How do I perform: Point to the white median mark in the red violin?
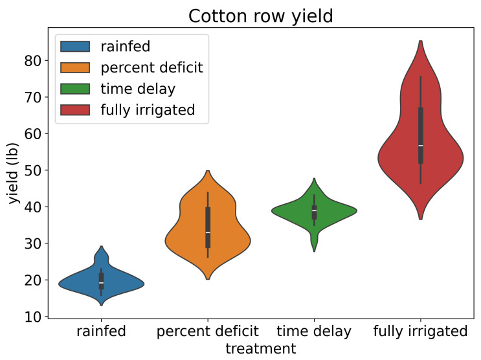point(421,146)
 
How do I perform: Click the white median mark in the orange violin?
point(208,232)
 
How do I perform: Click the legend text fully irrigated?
point(148,109)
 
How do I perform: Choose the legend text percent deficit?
point(151,67)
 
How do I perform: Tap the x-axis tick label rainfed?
point(101,332)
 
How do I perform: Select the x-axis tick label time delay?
point(314,332)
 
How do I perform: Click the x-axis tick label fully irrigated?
point(421,332)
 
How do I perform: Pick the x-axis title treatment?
point(261,348)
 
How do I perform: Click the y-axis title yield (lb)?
point(14,174)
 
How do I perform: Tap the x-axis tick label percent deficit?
point(208,332)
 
